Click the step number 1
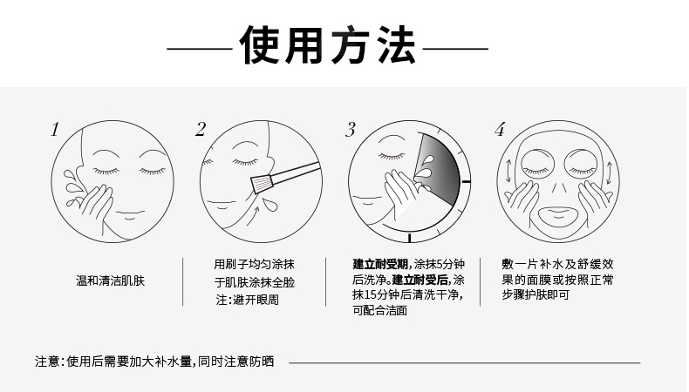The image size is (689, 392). coord(54,130)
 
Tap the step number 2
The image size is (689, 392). coord(201,130)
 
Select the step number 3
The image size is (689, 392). coord(351,130)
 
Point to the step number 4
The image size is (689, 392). coord(499,130)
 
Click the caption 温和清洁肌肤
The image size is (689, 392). coord(110,280)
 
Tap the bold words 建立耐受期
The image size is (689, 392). coord(380,264)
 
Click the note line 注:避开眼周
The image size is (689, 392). coord(248,300)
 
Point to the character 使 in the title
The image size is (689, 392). coord(260,45)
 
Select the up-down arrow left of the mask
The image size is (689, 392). coord(508,172)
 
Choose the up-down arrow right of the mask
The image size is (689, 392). coord(610,173)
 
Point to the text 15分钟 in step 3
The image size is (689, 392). coord(381,294)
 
